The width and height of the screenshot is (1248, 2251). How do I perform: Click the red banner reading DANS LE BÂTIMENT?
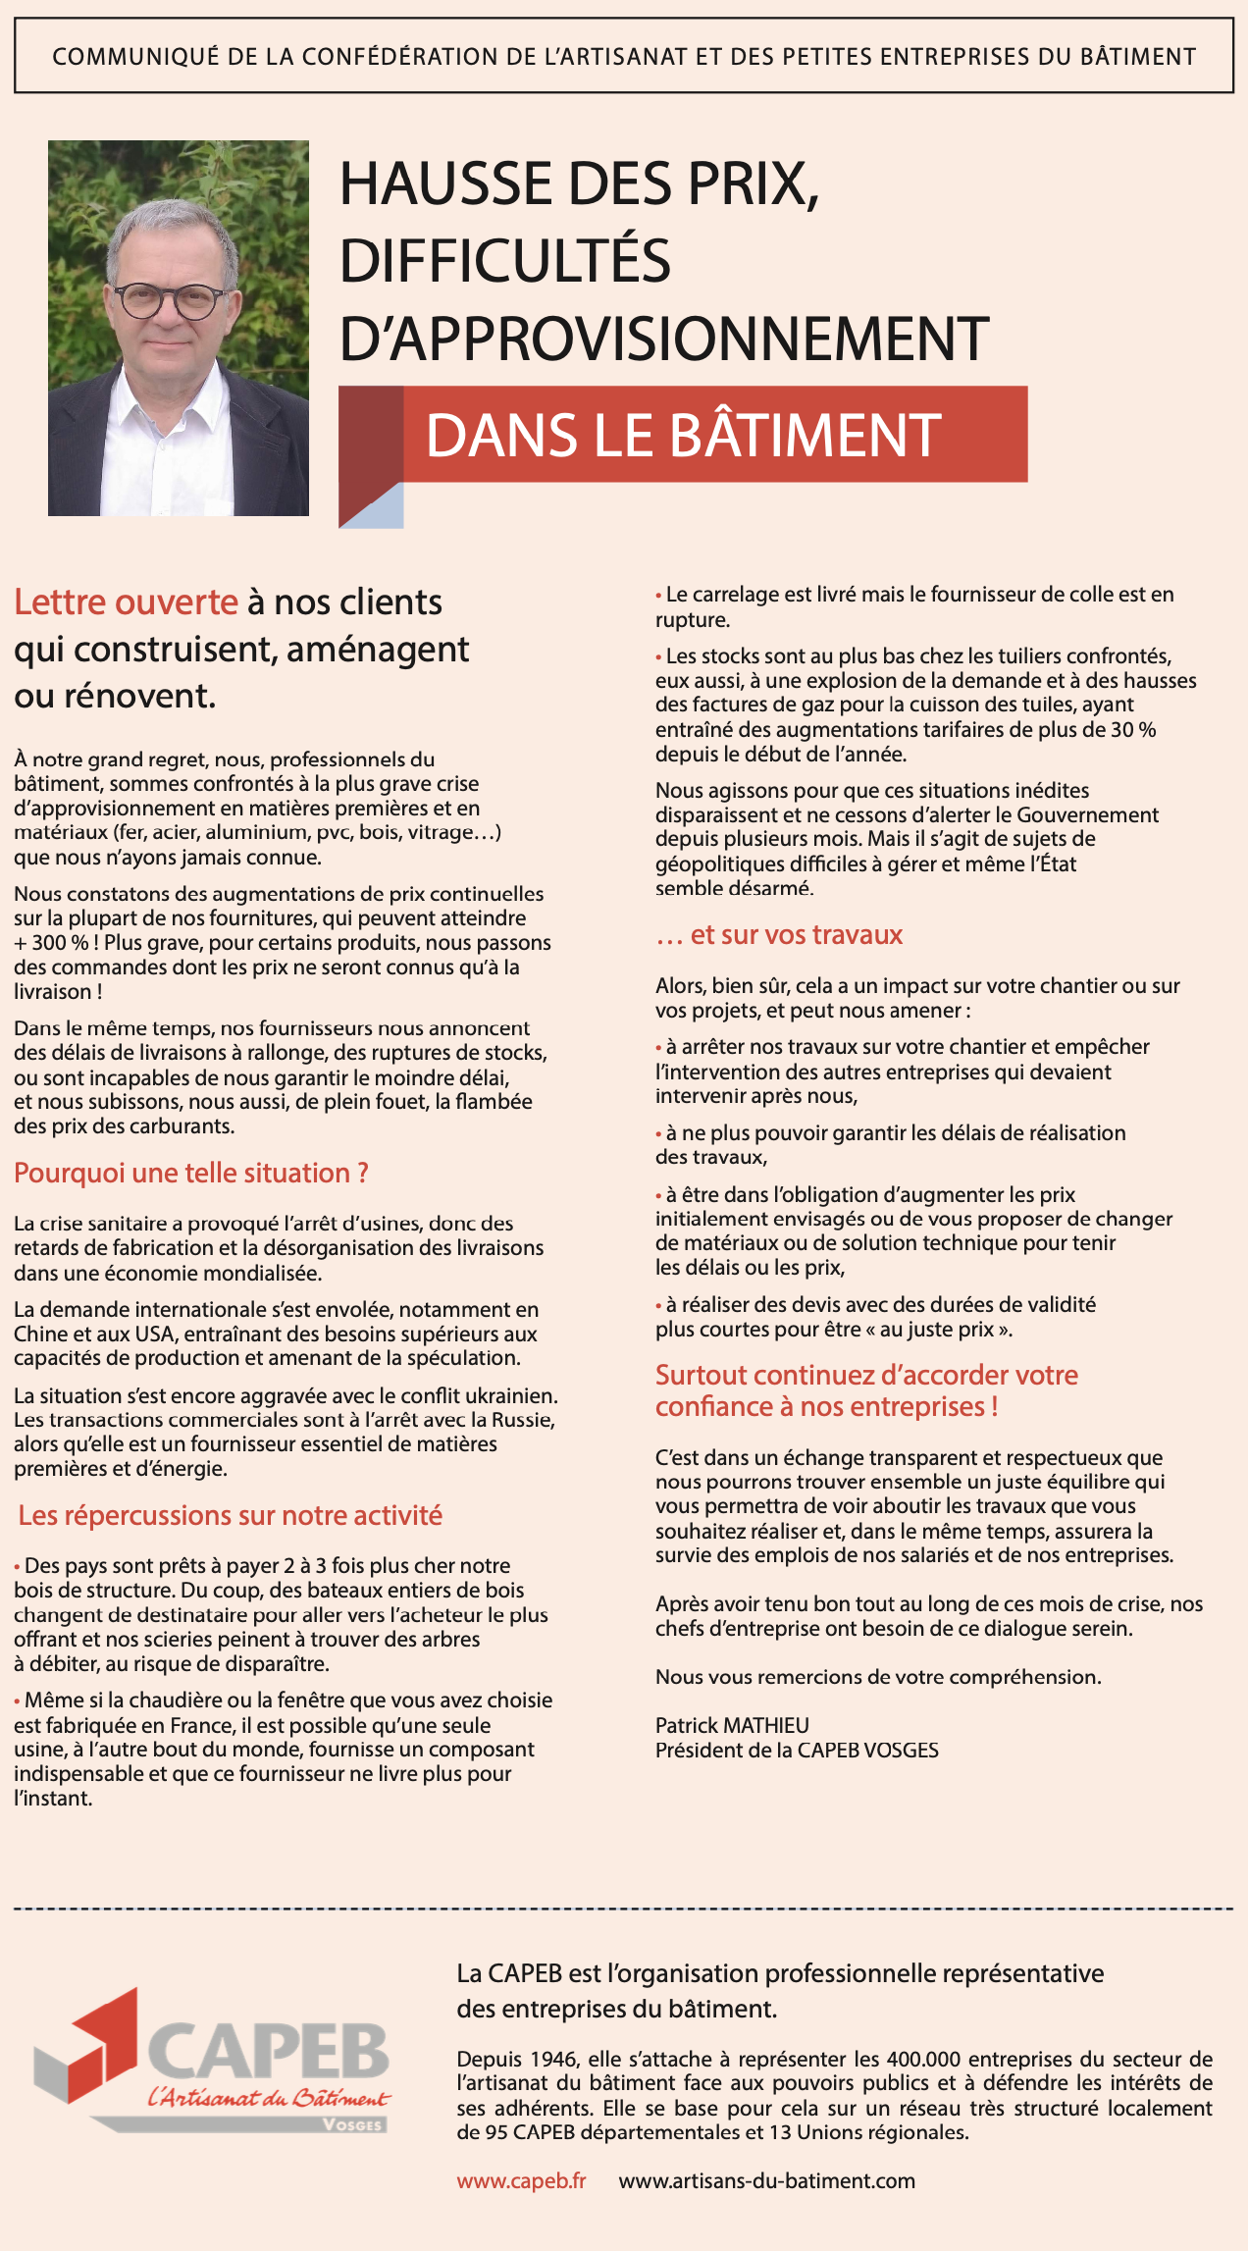[x=684, y=435]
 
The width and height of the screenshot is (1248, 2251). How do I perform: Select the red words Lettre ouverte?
[x=126, y=602]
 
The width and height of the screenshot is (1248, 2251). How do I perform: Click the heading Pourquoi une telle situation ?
[x=191, y=1173]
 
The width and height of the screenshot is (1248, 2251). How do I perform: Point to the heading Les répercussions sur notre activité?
[x=231, y=1515]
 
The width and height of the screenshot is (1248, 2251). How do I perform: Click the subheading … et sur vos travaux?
[x=779, y=934]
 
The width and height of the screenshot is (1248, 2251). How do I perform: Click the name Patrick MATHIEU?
[x=732, y=1725]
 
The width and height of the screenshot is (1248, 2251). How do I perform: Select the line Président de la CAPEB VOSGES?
[x=797, y=1750]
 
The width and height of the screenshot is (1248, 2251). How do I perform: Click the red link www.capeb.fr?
[x=521, y=2180]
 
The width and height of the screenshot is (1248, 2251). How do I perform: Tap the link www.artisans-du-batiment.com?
[x=766, y=2180]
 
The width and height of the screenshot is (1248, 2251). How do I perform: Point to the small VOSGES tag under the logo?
[x=352, y=2124]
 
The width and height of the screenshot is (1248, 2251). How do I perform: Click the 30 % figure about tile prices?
[x=1134, y=729]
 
